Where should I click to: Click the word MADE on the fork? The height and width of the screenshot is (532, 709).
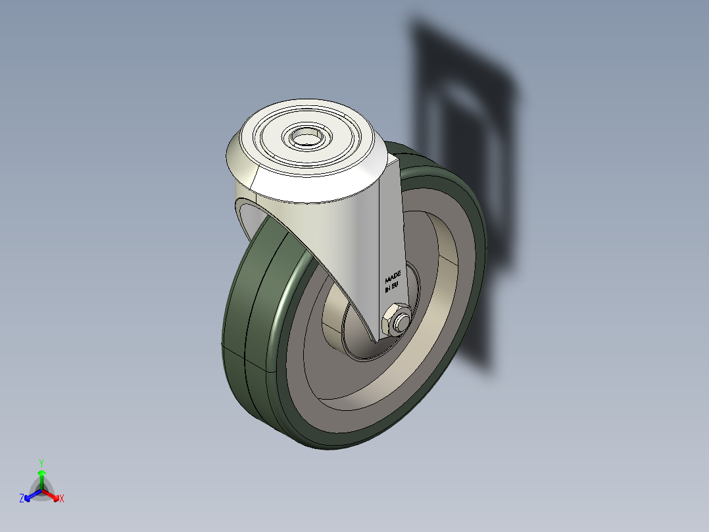coord(393,275)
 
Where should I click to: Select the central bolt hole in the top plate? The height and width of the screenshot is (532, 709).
coord(305,138)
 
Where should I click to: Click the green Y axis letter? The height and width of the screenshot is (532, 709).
coord(41,462)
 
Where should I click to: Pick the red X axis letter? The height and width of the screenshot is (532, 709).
coord(62,498)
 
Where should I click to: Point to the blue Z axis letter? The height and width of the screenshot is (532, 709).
coord(22,498)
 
